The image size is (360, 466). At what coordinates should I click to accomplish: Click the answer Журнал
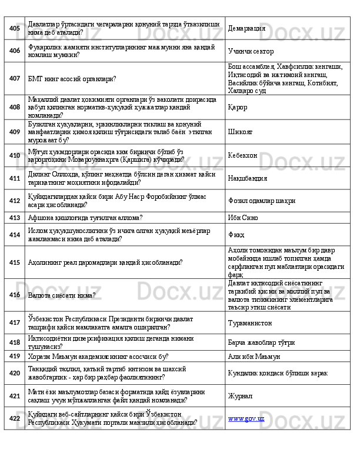pyautogui.click(x=240, y=396)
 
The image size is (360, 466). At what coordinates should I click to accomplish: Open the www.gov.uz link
pyautogui.click(x=246, y=418)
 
